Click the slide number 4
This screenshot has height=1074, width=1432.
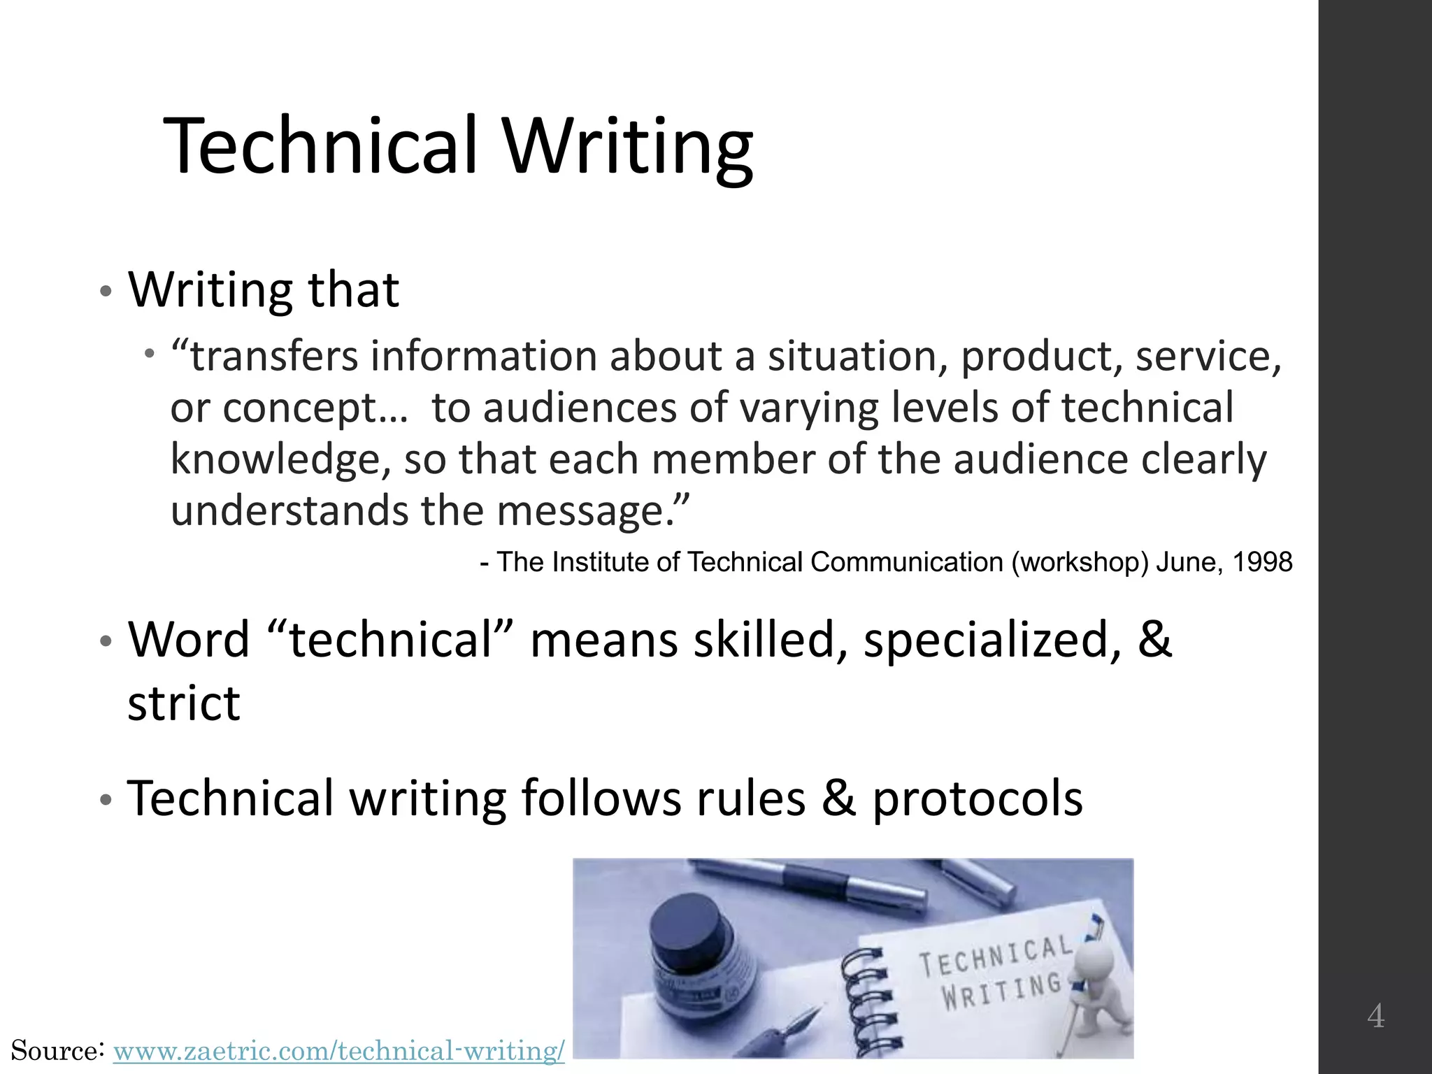(x=1375, y=1016)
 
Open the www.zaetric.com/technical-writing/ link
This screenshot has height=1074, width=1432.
(x=338, y=1051)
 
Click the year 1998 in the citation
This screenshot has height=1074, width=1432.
(x=1262, y=563)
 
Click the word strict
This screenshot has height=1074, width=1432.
(x=183, y=703)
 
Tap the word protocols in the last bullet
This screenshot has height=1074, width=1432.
(x=978, y=798)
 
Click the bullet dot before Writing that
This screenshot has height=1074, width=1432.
(x=105, y=291)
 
